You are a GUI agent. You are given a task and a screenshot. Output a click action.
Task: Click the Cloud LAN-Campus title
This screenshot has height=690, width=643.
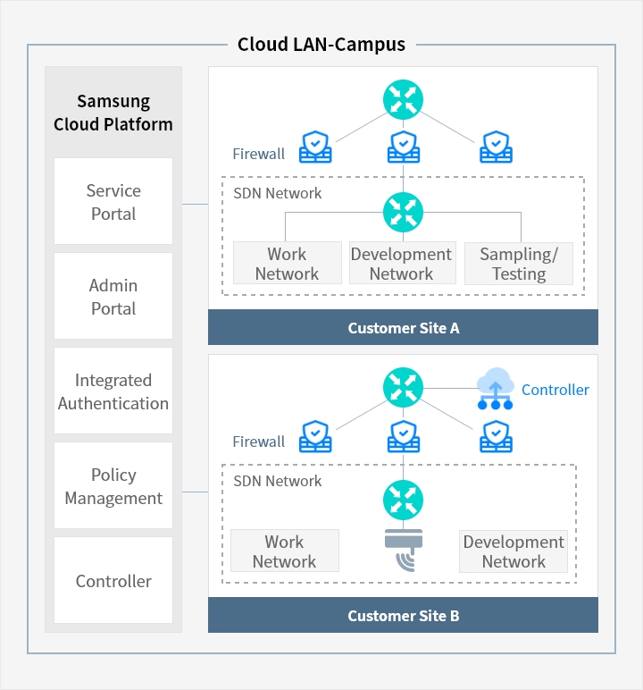(x=321, y=44)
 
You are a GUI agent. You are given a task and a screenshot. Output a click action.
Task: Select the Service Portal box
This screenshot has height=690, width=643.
(x=113, y=202)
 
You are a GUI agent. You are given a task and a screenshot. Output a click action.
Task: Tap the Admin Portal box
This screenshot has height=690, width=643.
(x=113, y=297)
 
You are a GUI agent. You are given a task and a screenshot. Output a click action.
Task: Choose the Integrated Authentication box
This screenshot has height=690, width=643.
(x=113, y=391)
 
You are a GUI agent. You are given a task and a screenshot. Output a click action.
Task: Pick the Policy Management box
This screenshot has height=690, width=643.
(x=113, y=486)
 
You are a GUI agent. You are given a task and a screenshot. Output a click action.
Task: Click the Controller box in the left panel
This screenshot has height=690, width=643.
(x=113, y=581)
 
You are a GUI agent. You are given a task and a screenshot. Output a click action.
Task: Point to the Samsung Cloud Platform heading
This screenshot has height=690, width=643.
(x=113, y=113)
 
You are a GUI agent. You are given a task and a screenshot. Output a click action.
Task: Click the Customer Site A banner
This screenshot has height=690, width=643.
(x=403, y=328)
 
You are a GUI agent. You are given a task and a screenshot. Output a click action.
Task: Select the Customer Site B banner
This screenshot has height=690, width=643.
(x=403, y=616)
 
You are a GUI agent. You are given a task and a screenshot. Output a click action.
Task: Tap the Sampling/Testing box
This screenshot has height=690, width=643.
(x=519, y=264)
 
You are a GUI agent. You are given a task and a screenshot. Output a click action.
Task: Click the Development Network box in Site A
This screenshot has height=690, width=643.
(x=401, y=264)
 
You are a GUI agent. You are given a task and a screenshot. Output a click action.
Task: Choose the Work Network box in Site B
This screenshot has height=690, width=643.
(x=284, y=551)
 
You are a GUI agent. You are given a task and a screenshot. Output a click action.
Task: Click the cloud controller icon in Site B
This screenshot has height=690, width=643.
(x=495, y=390)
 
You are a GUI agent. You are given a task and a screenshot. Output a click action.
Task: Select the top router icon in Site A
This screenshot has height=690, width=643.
(x=404, y=99)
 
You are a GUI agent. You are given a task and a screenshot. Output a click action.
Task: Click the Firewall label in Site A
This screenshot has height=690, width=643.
(x=259, y=154)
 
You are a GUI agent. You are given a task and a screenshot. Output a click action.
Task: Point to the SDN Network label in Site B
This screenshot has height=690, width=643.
(x=278, y=481)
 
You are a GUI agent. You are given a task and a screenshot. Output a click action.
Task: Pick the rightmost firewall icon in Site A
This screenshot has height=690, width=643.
(x=495, y=147)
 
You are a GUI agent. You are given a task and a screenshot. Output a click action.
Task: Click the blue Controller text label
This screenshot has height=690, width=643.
(x=555, y=390)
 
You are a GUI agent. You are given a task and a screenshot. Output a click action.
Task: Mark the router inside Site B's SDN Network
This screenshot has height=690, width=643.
(x=404, y=501)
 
